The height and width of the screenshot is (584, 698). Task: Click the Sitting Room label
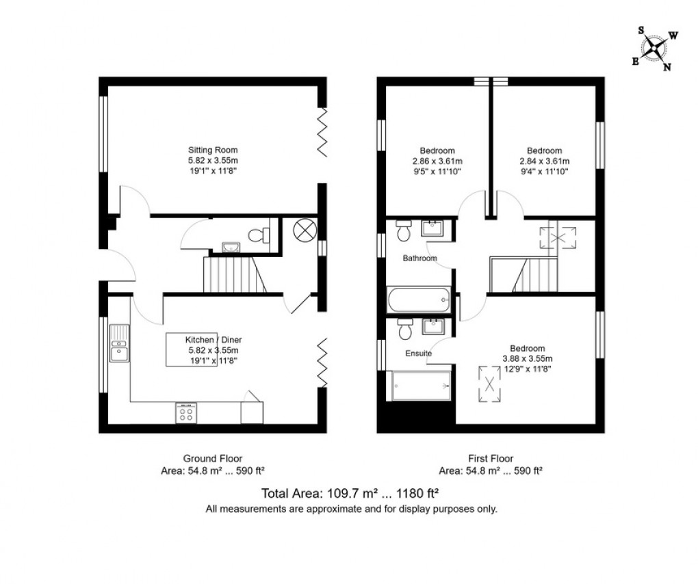pos(213,150)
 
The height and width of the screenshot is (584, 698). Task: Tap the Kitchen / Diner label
pos(213,339)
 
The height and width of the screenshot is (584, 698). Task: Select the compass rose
pos(655,48)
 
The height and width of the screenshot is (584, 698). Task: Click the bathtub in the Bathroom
pos(417,299)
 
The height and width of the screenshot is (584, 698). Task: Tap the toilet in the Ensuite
pos(404,330)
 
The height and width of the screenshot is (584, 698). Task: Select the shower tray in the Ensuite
pos(420,386)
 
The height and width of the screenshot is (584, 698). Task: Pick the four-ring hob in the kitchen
pos(185,413)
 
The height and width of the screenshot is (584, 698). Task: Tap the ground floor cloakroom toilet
pos(259,235)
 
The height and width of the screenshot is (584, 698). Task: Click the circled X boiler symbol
pos(302,230)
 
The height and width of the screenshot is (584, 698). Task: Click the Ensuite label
pos(418,354)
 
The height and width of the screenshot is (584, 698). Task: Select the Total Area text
pos(350,493)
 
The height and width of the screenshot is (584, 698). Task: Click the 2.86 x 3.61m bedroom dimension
pos(437,161)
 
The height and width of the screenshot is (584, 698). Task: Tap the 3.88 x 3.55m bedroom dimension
pos(526,358)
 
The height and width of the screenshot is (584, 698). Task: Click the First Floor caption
pos(490,458)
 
